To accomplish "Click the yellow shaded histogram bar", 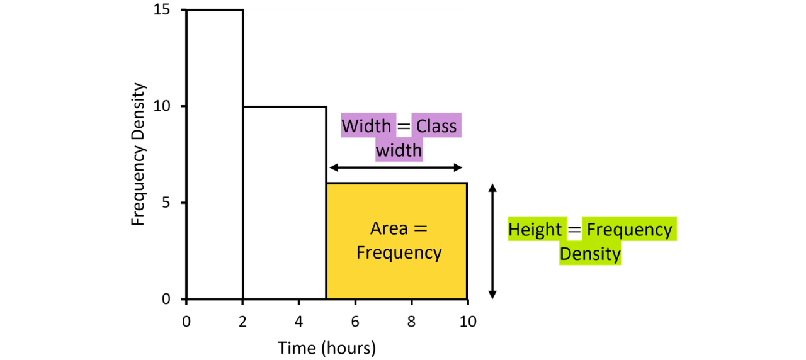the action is tap(397, 241).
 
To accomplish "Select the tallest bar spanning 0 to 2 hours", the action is tap(215, 154).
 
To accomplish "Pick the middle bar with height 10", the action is tap(285, 203).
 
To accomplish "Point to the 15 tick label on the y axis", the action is tap(162, 9).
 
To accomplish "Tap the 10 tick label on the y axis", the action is tap(162, 106).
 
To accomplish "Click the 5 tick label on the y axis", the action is tap(166, 203).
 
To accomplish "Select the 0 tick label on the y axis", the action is tap(166, 299).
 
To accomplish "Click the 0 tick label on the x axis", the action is tap(186, 322).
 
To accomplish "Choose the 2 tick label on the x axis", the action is tap(242, 322).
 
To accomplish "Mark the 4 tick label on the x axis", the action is tap(298, 322).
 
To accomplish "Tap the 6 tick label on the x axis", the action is tap(355, 322).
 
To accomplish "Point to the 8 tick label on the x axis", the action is tap(411, 322).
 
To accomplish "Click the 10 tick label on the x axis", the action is tap(468, 322).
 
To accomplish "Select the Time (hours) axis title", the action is tap(327, 349).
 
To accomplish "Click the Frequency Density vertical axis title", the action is tap(138, 154).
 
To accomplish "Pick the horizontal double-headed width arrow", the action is tap(396, 167).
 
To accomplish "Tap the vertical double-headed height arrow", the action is tap(492, 241).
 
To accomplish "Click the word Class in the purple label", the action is tap(436, 127).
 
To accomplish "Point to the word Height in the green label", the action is tap(535, 230).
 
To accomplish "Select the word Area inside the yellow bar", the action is tap(389, 228).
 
